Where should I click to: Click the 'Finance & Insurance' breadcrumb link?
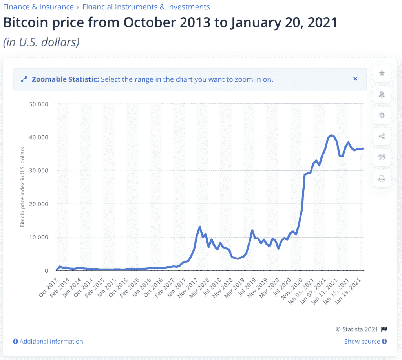pos(38,7)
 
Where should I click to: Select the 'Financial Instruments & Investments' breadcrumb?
pos(146,7)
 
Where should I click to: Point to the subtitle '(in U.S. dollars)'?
pos(41,42)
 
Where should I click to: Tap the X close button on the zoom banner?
pos(355,79)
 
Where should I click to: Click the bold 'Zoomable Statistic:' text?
pos(65,79)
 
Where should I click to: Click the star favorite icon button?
pos(382,73)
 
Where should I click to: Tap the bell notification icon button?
pos(382,94)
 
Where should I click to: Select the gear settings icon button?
pos(382,115)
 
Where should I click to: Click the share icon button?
pos(382,137)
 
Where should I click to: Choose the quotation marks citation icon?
pos(382,157)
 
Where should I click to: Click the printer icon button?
pos(382,179)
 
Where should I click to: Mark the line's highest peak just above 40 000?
pos(331,135)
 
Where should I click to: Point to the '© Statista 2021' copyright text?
pos(356,329)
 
